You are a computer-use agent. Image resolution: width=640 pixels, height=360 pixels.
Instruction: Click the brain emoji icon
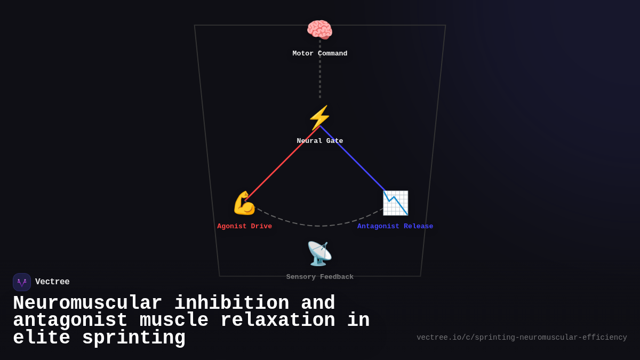[319, 30]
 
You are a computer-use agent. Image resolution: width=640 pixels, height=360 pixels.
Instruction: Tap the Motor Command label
[319, 54]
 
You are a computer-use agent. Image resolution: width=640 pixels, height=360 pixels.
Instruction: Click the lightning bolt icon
[319, 117]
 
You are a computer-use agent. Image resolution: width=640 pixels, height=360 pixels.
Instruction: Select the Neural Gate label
[319, 141]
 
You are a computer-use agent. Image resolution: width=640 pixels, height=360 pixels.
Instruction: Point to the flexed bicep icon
[244, 203]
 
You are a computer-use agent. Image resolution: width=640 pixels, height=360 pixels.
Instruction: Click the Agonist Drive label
[244, 227]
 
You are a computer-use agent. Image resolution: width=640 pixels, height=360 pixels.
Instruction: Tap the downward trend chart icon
[395, 203]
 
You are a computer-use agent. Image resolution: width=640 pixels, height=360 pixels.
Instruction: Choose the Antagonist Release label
[395, 227]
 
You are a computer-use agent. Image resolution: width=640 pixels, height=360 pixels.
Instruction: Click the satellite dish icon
[319, 254]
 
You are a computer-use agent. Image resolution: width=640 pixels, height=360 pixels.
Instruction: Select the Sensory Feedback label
[319, 277]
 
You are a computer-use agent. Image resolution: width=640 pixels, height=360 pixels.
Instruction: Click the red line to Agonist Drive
[283, 163]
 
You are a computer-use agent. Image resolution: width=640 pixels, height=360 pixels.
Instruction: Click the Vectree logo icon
[22, 282]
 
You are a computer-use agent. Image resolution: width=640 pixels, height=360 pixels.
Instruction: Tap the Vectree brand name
[52, 282]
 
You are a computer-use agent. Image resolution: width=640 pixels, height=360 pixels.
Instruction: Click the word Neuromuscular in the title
[87, 303]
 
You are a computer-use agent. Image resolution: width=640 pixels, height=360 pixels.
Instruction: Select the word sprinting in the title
[133, 338]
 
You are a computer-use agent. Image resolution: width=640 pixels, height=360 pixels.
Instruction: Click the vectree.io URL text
[522, 338]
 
